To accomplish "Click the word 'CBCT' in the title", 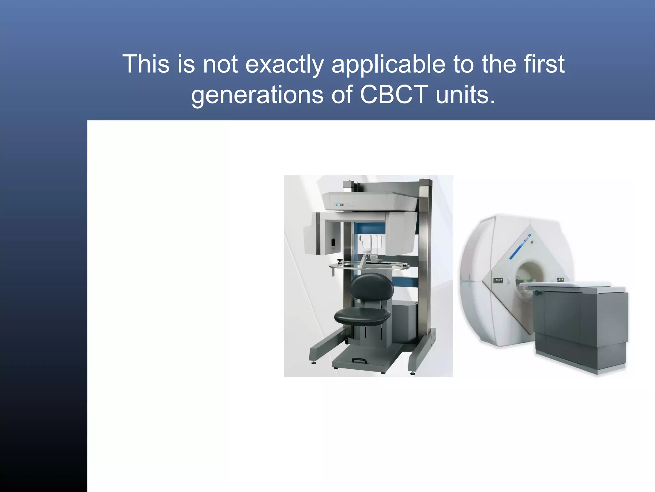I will [x=394, y=95].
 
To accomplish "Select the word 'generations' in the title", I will [x=257, y=95].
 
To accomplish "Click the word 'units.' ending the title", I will [x=465, y=95].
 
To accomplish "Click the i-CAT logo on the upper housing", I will [x=339, y=205].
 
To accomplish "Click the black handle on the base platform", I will [x=359, y=360].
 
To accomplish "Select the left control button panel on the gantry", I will [x=498, y=281].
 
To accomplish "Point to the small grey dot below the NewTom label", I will [x=532, y=242].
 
